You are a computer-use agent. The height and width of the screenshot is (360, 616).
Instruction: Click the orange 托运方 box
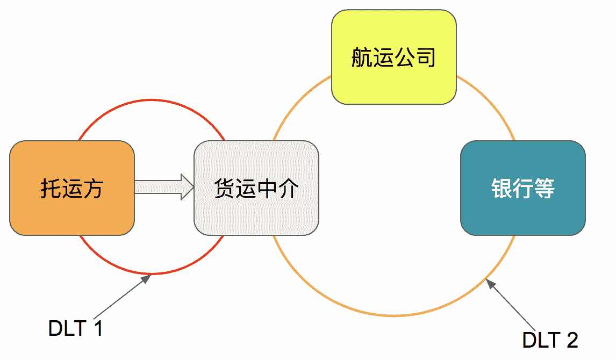(x=72, y=188)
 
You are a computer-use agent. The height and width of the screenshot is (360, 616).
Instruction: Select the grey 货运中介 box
(x=256, y=188)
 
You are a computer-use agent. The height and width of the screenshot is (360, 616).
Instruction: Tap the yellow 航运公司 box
(x=393, y=57)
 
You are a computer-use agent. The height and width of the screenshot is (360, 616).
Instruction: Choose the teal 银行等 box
(x=522, y=188)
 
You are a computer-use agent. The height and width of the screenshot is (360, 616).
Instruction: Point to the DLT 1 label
(x=75, y=328)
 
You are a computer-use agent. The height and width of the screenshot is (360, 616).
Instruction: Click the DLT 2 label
(x=550, y=340)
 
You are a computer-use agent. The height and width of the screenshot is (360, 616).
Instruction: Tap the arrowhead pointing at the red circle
(x=146, y=279)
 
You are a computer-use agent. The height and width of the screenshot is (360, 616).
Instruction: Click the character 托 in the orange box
(x=51, y=189)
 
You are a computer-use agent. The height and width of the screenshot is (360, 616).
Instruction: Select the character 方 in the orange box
(x=93, y=189)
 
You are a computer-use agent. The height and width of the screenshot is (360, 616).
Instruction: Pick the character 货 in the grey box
(x=224, y=189)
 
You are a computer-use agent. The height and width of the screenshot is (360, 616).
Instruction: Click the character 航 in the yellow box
(x=362, y=57)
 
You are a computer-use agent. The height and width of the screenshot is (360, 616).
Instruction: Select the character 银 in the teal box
(x=501, y=189)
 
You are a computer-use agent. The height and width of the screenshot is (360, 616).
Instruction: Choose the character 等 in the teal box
(x=544, y=189)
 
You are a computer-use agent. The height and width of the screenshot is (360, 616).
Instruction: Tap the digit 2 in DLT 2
(x=572, y=340)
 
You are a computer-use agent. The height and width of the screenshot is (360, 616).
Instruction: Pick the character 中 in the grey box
(x=267, y=189)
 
